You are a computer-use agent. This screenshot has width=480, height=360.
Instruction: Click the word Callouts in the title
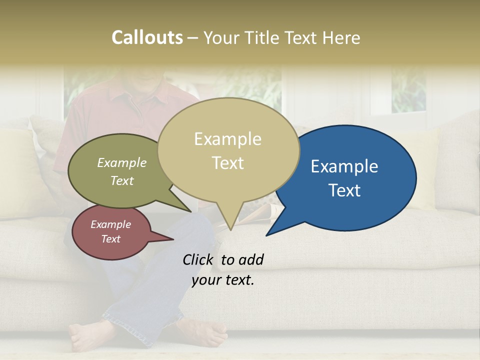[147, 37]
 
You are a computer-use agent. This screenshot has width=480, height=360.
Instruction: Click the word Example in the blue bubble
[344, 166]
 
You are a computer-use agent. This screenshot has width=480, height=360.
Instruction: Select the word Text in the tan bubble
[228, 163]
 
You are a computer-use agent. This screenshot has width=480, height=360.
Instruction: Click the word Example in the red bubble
[110, 224]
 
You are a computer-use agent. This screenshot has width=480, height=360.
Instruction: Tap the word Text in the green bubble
[122, 181]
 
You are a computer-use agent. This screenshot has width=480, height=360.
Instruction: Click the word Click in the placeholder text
[198, 259]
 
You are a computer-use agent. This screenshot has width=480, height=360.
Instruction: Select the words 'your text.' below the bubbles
[223, 280]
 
